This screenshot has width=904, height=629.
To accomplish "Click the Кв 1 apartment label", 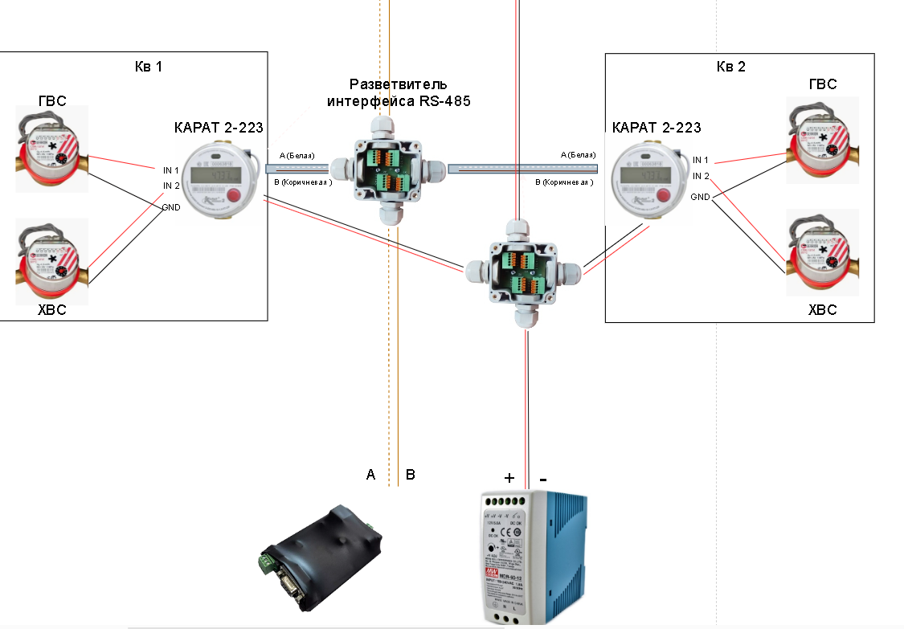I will tap(148, 66).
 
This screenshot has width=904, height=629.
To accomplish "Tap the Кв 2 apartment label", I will tap(730, 66).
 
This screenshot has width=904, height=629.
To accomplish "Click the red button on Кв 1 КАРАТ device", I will tap(235, 196).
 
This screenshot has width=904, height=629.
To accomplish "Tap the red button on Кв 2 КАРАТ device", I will tap(665, 196).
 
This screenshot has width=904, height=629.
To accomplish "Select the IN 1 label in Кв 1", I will tap(171, 170).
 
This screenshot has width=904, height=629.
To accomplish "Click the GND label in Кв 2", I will tap(700, 197).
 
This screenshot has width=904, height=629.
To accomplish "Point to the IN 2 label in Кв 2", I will tap(701, 176).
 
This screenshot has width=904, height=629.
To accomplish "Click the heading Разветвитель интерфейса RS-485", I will tap(399, 92).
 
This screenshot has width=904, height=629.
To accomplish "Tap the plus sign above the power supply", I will tap(509, 478).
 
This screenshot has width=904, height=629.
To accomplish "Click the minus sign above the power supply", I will tap(543, 478).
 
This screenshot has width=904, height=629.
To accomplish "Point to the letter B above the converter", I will tap(410, 476).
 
